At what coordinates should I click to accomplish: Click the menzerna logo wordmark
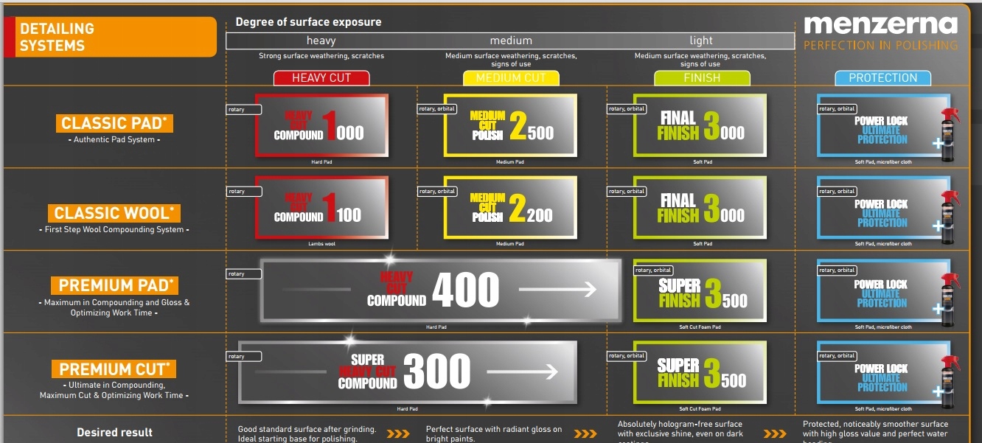[880, 25]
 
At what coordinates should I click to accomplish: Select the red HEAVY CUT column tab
[321, 77]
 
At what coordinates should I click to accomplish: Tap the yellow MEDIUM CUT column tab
[511, 77]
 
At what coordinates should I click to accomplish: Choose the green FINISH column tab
[702, 77]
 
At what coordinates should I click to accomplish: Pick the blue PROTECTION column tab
[882, 77]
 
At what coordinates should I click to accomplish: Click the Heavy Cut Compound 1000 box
[321, 125]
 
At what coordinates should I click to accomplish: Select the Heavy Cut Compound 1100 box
[321, 207]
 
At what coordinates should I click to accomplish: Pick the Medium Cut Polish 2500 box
[510, 125]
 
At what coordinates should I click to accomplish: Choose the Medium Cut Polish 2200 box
[510, 207]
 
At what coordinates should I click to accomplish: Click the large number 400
[465, 290]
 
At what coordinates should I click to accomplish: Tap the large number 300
[437, 372]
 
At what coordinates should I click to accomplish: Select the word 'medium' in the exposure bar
[511, 41]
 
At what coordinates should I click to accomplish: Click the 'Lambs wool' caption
[321, 244]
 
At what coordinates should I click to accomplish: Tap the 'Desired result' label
[115, 433]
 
